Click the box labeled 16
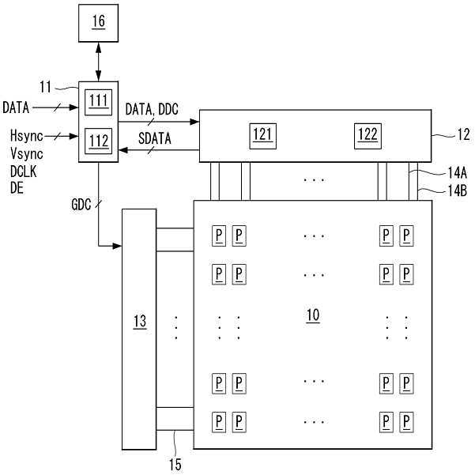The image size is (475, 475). pyautogui.click(x=97, y=23)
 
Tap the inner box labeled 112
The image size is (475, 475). pyautogui.click(x=98, y=141)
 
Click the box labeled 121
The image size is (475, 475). pyautogui.click(x=262, y=134)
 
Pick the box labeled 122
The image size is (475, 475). pyautogui.click(x=366, y=134)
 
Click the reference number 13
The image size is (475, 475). pyautogui.click(x=139, y=321)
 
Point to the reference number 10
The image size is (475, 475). pyautogui.click(x=313, y=315)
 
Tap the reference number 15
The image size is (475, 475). pyautogui.click(x=175, y=464)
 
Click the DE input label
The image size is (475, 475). pyautogui.click(x=17, y=188)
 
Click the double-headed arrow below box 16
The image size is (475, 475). pyautogui.click(x=97, y=62)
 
